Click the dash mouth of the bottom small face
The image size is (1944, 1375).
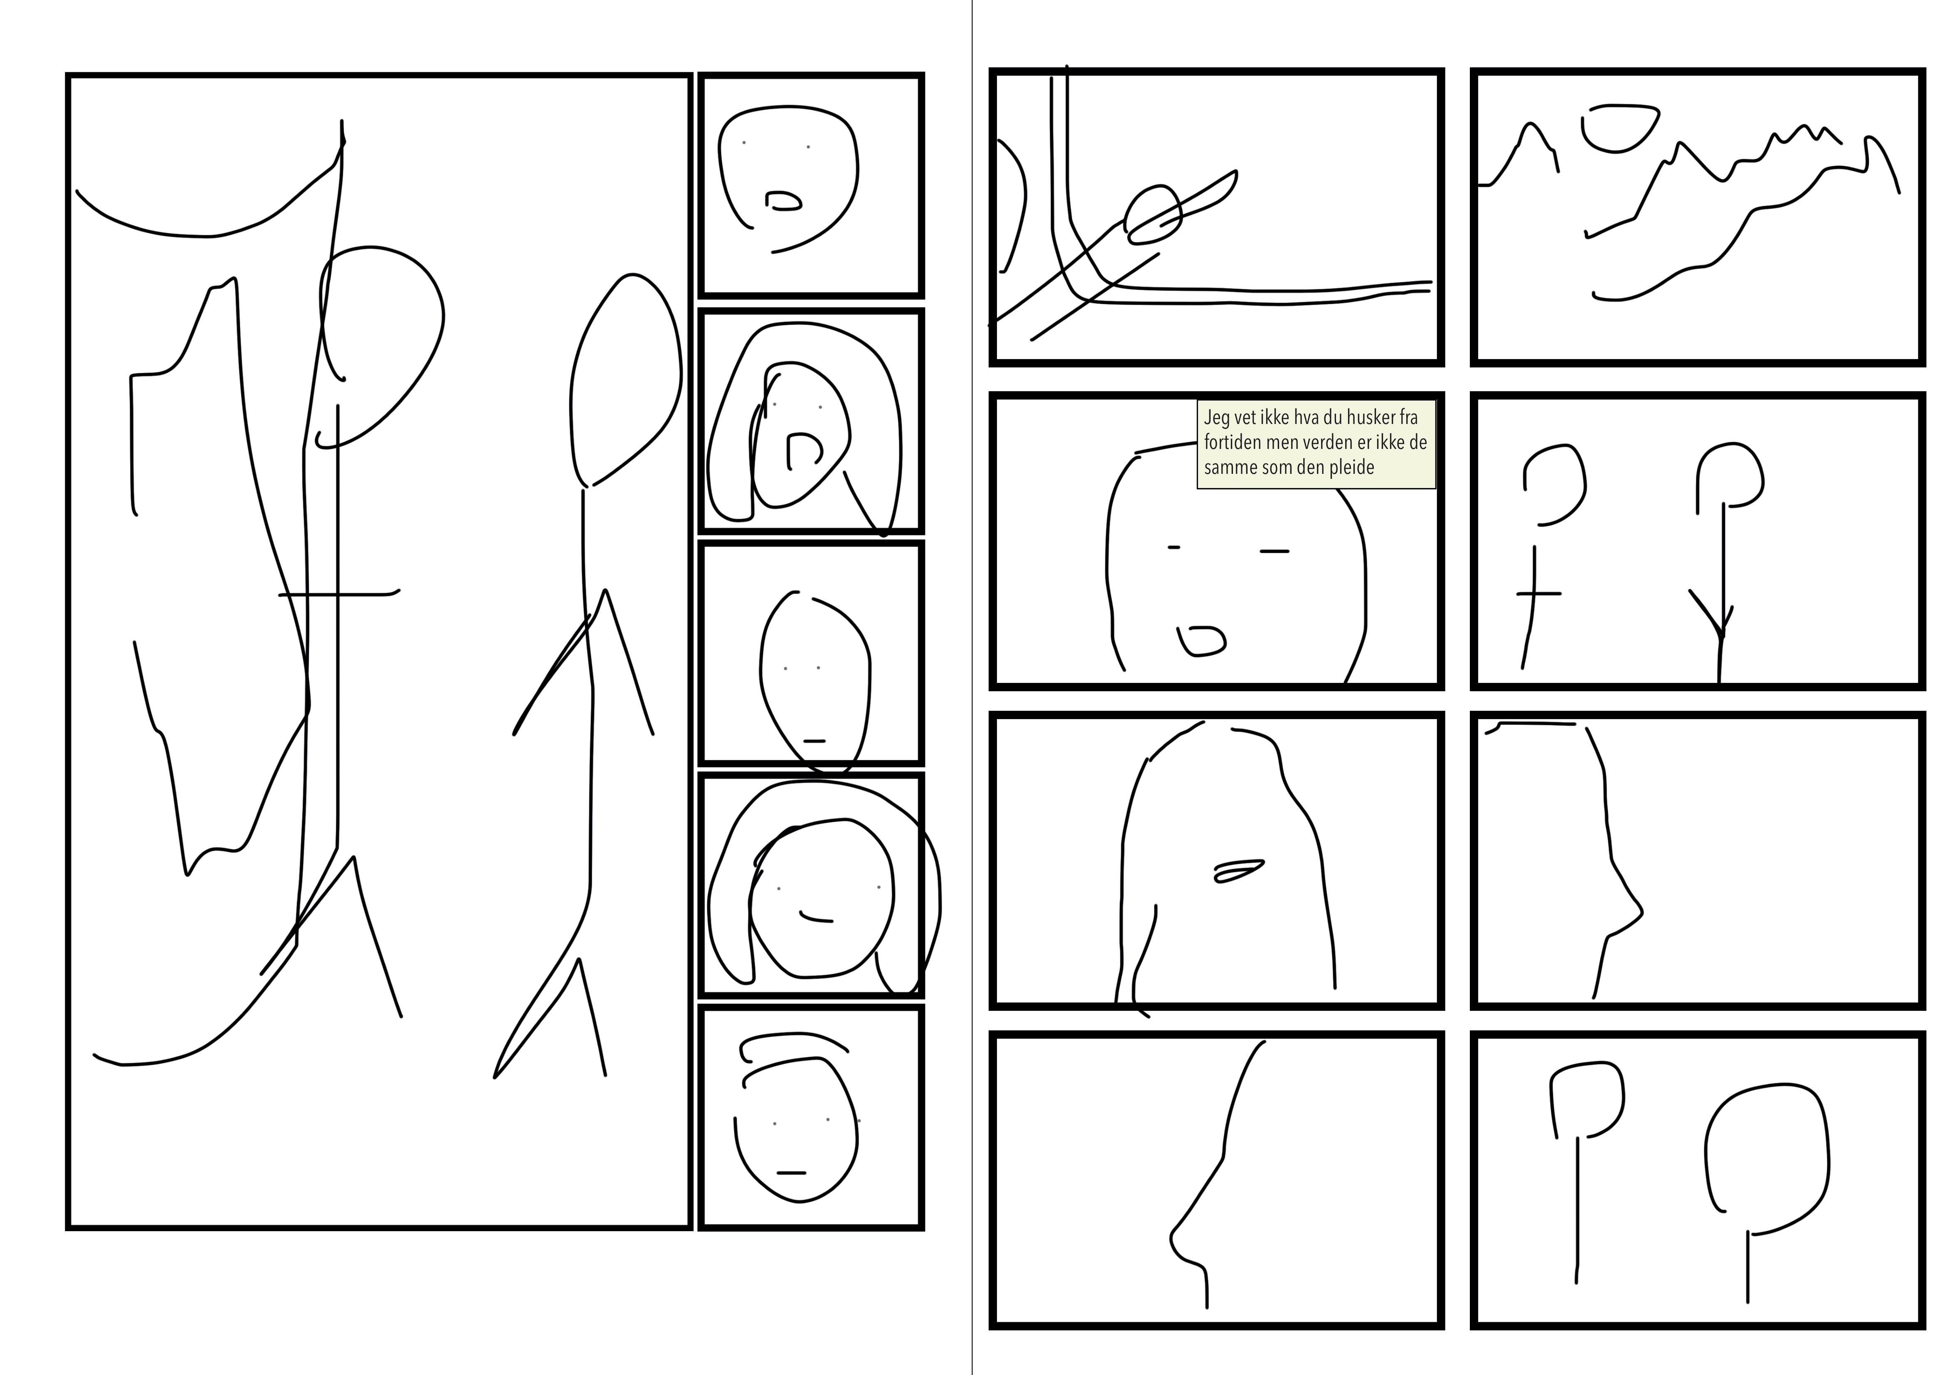pos(791,1173)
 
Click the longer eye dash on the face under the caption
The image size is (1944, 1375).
pos(1274,551)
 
